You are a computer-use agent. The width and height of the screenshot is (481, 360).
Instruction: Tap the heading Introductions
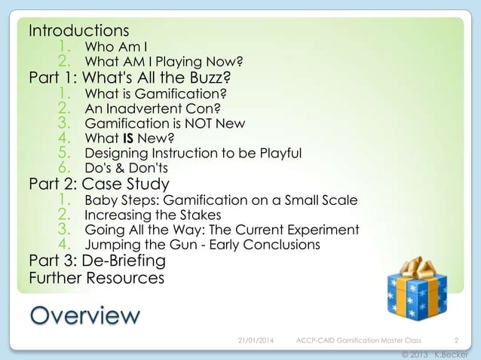(x=78, y=31)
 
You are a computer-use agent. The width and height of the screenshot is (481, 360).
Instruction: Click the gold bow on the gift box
(x=415, y=267)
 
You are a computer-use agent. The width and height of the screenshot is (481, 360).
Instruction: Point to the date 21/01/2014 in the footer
(x=256, y=340)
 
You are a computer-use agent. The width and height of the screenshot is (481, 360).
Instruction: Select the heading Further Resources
(x=96, y=278)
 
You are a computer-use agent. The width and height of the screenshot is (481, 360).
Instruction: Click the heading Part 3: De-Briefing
(x=97, y=261)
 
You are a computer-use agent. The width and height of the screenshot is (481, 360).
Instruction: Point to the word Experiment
(x=324, y=230)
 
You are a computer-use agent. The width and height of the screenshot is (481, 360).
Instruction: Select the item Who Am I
(x=116, y=47)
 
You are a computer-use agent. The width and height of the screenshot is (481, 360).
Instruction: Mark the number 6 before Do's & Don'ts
(x=65, y=167)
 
